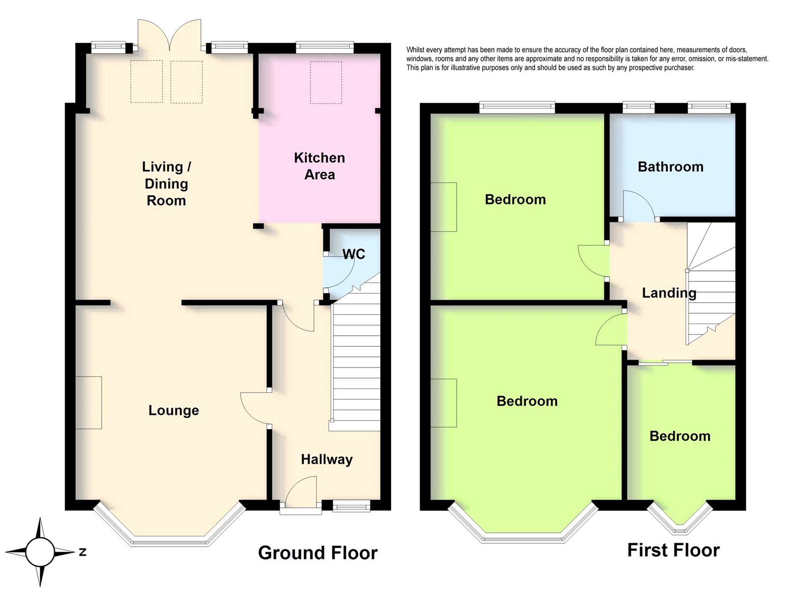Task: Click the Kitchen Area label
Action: (x=319, y=166)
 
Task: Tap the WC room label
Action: (x=354, y=254)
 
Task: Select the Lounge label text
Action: (x=174, y=411)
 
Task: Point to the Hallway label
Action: (x=327, y=459)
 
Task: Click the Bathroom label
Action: (x=671, y=167)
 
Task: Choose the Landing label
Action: (x=669, y=293)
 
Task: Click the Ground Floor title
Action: (x=318, y=553)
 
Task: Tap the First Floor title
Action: (x=674, y=550)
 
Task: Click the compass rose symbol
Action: (x=40, y=552)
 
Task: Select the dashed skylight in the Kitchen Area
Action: (x=326, y=83)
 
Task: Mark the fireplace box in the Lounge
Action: (x=88, y=403)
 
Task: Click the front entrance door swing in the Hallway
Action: (x=302, y=490)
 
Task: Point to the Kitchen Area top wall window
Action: (x=325, y=48)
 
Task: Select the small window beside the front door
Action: (x=351, y=506)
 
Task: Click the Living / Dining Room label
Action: (x=167, y=183)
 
